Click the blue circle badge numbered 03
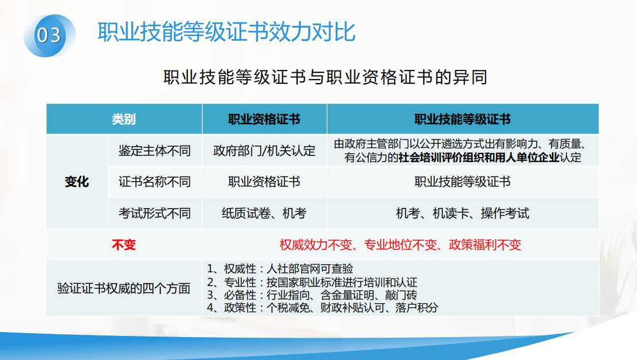tap(49, 36)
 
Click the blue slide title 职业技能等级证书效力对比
tap(226, 32)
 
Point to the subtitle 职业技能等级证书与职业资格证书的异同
tap(325, 77)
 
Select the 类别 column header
tap(124, 119)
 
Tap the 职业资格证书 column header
tap(264, 119)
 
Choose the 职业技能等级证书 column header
tap(462, 119)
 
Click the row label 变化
tap(77, 182)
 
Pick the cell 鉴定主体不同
tap(155, 151)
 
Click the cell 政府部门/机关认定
tap(264, 151)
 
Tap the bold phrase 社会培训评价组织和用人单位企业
tap(479, 157)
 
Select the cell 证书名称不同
tap(155, 182)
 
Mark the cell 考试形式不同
tap(155, 213)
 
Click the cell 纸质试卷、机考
tap(264, 213)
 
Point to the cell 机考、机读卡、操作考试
tap(462, 213)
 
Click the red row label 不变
tap(124, 245)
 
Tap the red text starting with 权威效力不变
tap(400, 245)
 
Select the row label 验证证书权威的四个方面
tap(124, 288)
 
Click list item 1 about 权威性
tap(280, 269)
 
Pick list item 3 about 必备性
tap(312, 295)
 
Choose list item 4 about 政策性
tap(323, 308)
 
